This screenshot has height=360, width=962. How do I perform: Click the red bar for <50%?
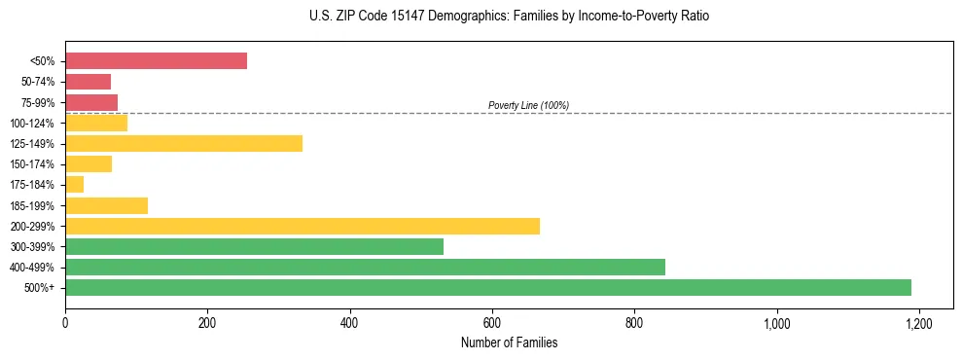click(156, 61)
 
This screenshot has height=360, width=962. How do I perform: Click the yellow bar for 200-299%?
click(303, 226)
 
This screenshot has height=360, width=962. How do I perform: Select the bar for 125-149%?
click(184, 144)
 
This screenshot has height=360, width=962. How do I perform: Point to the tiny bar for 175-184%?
click(75, 185)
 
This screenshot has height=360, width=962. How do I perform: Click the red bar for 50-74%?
click(88, 82)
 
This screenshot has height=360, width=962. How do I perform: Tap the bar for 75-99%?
click(91, 102)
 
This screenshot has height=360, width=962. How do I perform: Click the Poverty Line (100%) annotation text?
click(528, 105)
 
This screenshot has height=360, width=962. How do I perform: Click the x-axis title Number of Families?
click(509, 342)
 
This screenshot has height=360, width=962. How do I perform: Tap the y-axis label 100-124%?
click(32, 124)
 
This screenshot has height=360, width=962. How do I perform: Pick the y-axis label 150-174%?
click(32, 164)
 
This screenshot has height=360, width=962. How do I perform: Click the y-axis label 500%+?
click(39, 288)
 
